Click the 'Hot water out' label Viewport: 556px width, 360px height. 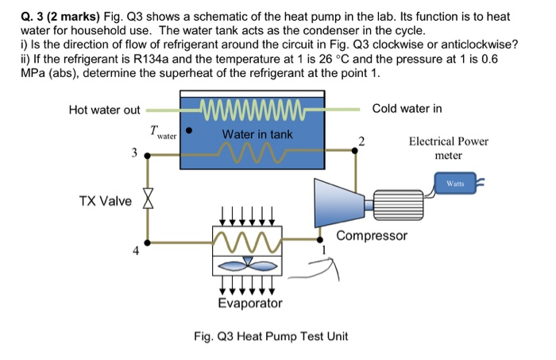[104, 110]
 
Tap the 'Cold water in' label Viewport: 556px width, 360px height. [407, 108]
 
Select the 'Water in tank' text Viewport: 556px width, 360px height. [257, 134]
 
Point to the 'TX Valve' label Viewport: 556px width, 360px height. [106, 200]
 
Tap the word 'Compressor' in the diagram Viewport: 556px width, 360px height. [372, 236]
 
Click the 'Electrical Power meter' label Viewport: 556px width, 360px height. [448, 149]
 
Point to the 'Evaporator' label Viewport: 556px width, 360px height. [249, 304]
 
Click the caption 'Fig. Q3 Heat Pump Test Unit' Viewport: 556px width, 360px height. [271, 336]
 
